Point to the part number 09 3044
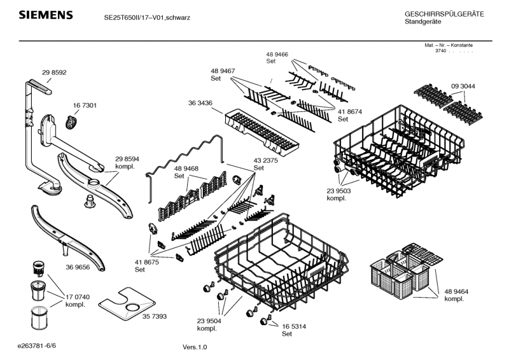coord(463,86)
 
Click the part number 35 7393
coord(155,315)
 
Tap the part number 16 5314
coord(295,326)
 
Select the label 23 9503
coord(339,190)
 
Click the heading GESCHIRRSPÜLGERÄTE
coord(444,14)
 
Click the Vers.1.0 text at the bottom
coord(195,347)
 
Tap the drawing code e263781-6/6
coord(39,345)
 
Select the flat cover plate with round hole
coord(131,304)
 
